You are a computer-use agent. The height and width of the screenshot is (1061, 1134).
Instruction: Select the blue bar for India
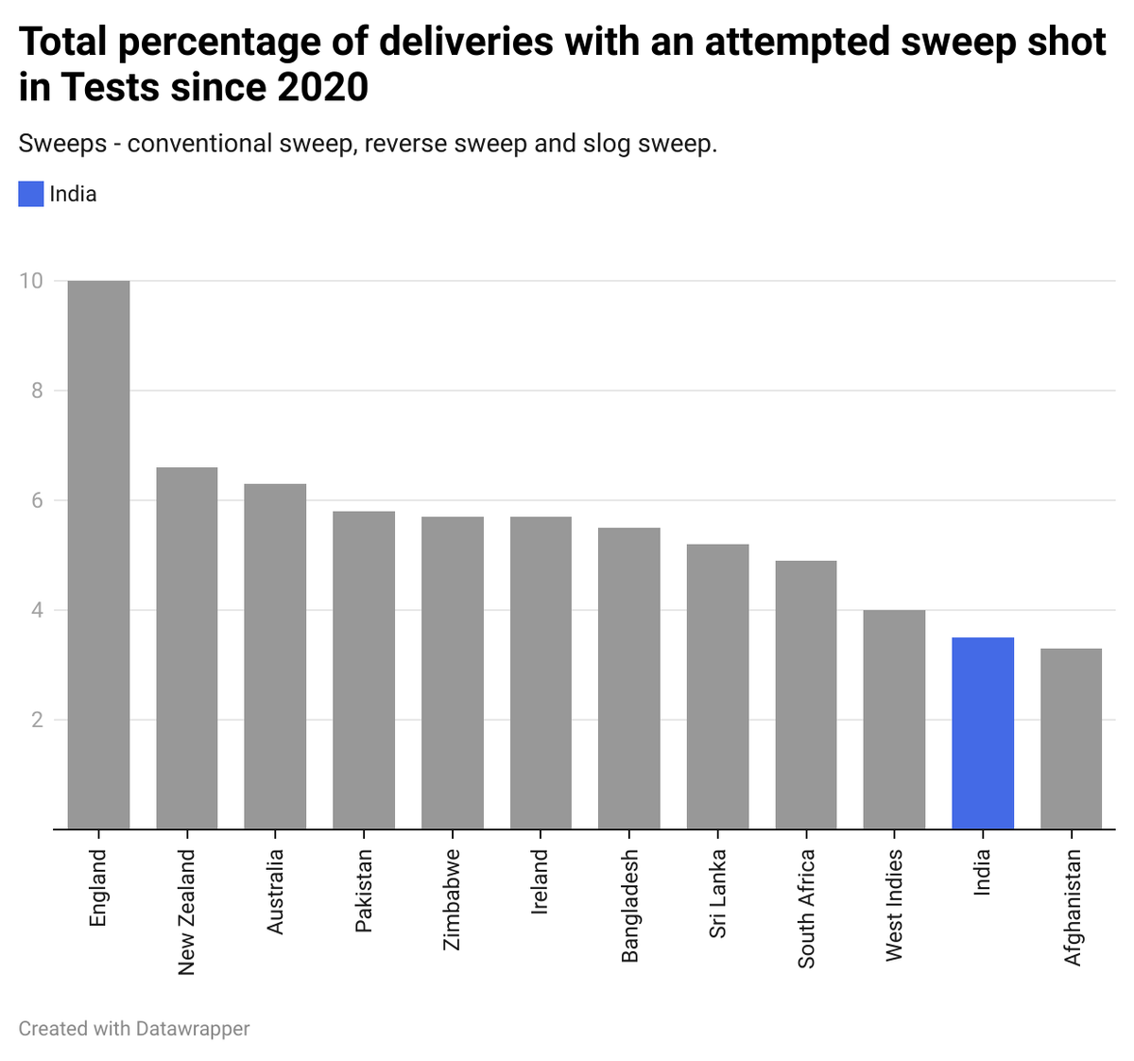(983, 734)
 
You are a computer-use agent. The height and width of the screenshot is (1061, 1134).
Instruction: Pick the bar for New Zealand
(186, 649)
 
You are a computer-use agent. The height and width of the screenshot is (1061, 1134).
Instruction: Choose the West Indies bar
(894, 720)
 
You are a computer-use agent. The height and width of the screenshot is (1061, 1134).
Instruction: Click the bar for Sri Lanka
(717, 687)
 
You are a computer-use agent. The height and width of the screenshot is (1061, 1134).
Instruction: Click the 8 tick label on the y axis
(37, 391)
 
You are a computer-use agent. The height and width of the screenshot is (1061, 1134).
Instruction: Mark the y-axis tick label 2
(37, 720)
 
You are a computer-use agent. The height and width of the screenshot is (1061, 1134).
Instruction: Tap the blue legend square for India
(31, 194)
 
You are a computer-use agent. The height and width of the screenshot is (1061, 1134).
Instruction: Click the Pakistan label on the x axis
(364, 891)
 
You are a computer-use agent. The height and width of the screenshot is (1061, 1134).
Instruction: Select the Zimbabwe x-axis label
(452, 899)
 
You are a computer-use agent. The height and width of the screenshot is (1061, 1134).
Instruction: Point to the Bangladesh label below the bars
(629, 906)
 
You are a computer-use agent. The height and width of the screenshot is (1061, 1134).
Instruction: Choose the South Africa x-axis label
(806, 909)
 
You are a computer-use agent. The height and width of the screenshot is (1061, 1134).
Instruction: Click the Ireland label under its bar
(540, 881)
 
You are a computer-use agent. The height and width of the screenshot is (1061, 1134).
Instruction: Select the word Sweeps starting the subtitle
(61, 145)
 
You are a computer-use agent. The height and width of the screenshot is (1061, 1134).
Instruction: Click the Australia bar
(275, 656)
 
